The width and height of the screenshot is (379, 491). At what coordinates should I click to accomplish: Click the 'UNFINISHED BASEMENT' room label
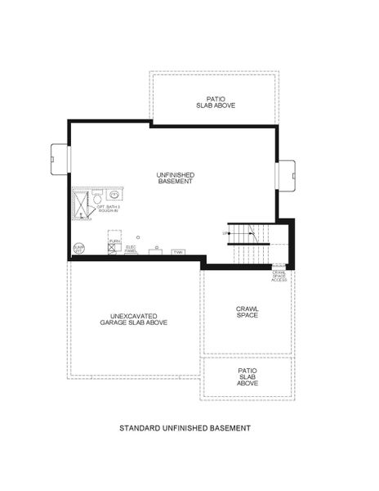point(175,178)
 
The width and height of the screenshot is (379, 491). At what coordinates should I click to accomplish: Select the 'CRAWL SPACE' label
point(247,312)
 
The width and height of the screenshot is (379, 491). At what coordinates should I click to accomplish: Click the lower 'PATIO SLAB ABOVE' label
point(247,376)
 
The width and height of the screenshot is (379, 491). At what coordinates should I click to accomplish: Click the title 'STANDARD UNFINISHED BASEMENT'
point(185,428)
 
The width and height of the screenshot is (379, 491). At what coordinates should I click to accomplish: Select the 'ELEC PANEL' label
point(131,248)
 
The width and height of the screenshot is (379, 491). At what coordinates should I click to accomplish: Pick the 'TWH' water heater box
point(177,252)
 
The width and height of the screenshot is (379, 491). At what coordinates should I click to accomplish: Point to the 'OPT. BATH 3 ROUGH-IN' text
point(109,209)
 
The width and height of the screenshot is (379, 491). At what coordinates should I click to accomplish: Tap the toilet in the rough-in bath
point(96,198)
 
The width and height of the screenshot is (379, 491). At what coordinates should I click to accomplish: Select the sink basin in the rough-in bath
point(114,195)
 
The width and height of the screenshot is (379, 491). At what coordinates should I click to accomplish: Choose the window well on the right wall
point(288,174)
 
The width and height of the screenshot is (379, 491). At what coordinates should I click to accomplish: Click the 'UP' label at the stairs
point(225,233)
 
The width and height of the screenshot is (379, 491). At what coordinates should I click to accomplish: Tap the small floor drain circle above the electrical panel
point(138,236)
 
